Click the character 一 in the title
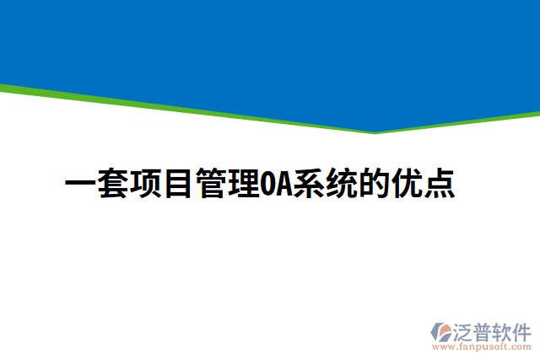[80, 185]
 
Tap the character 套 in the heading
[113, 185]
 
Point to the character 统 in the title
[341, 185]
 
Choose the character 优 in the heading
[406, 185]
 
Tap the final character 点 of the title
[439, 185]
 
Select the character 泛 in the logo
[464, 330]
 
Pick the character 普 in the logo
[483, 330]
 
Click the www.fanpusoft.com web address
[483, 346]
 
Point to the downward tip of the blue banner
[375, 131]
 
